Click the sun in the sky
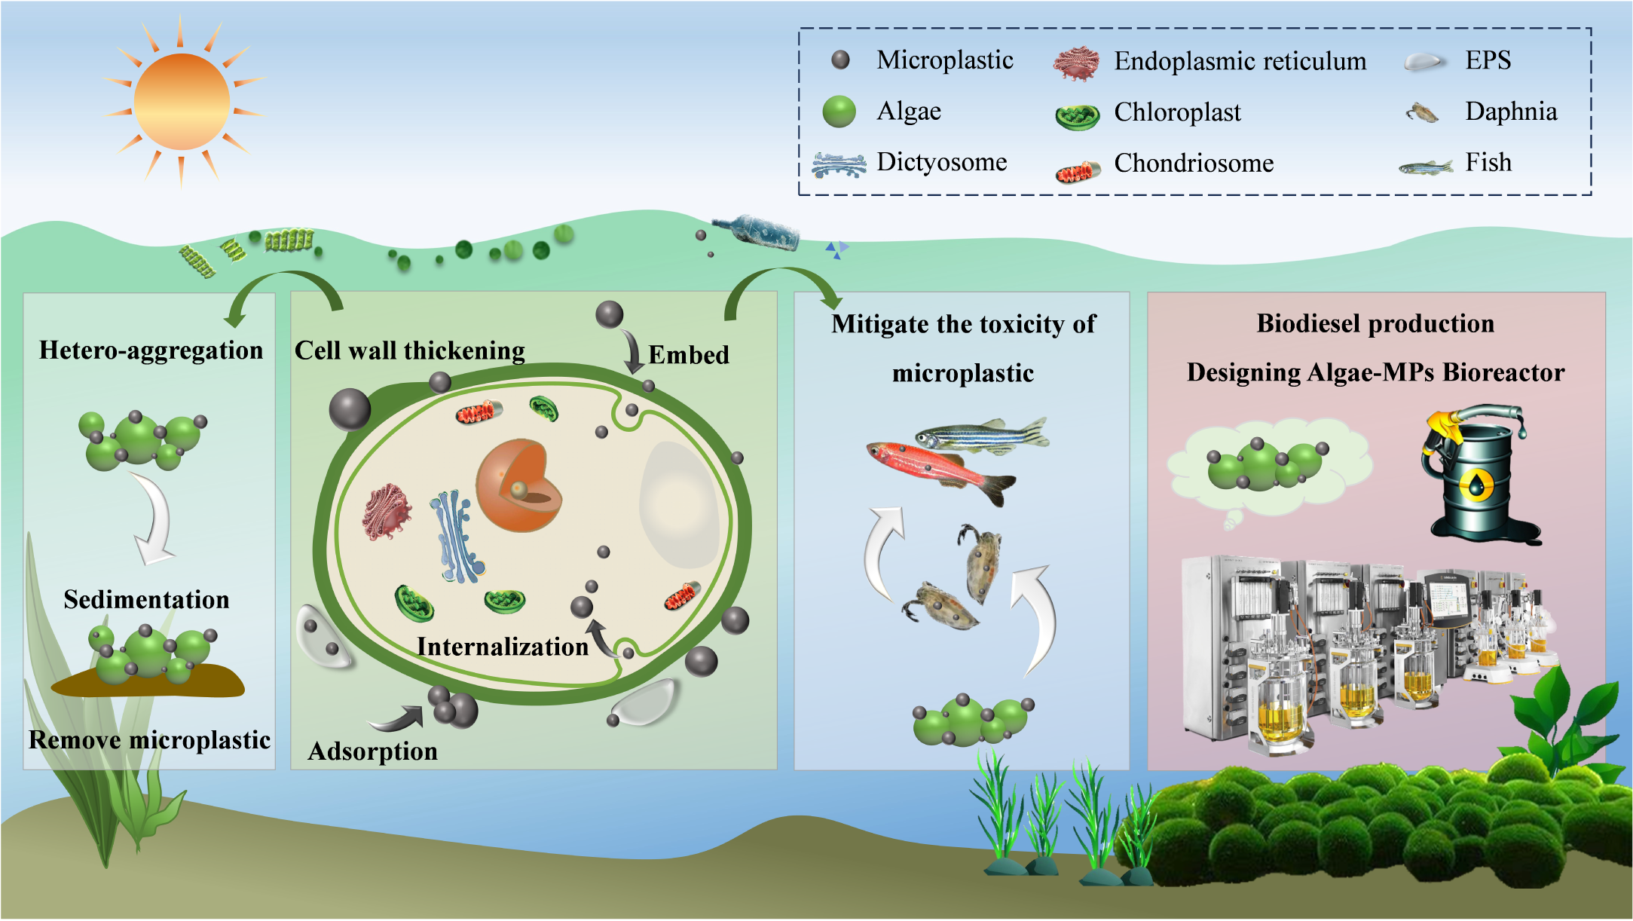tap(182, 102)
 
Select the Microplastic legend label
tap(944, 60)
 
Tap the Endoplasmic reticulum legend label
tap(1240, 61)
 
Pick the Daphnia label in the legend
tap(1510, 112)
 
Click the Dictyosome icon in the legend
tap(838, 164)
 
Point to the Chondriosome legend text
tap(1194, 163)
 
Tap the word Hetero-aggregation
tap(151, 350)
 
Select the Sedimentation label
tap(146, 600)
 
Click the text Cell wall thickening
tap(409, 350)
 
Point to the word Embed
tap(688, 355)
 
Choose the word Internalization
tap(502, 647)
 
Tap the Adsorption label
tap(372, 751)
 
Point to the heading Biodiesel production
tap(1375, 323)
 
